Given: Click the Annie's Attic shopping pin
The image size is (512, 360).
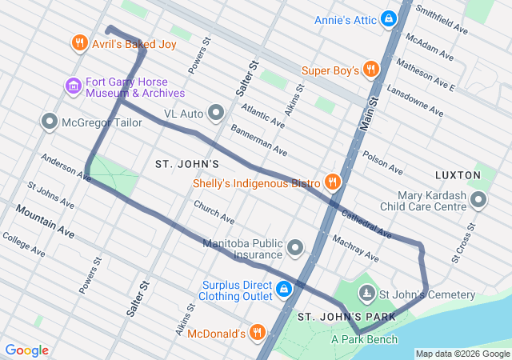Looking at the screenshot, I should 389,18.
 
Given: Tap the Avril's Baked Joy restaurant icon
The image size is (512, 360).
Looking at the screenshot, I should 78,43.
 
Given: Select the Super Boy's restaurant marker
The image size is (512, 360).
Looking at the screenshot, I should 370,70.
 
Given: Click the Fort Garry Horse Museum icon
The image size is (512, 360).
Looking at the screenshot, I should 73,86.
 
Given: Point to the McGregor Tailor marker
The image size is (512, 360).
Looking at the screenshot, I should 50,122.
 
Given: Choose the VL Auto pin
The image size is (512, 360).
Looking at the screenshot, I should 216,114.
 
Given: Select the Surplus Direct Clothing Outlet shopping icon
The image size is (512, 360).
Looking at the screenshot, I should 283,289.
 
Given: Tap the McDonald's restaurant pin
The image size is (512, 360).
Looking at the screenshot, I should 257,332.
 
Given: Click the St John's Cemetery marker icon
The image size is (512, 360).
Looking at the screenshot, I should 367,294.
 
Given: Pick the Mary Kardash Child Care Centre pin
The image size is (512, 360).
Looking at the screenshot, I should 478,199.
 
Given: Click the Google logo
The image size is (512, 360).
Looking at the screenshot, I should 26,350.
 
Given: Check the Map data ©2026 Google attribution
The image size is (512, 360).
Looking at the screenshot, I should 462,354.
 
